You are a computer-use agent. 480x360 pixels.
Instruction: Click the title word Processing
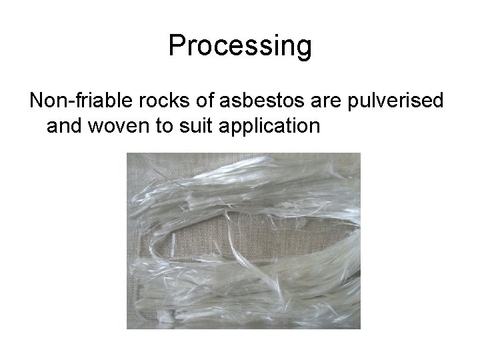tap(240, 46)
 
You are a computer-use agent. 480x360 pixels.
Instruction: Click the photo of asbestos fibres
tap(243, 241)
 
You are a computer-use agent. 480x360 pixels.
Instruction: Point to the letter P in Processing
tap(176, 45)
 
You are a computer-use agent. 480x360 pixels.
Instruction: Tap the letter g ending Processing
tap(304, 49)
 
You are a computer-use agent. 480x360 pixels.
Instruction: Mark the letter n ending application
tap(315, 125)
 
